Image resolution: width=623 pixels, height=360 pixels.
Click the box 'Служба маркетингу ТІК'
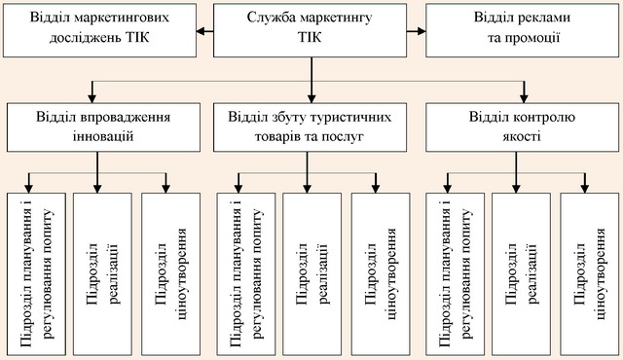point(310,30)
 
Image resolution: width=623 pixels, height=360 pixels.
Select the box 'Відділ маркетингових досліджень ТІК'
point(99,30)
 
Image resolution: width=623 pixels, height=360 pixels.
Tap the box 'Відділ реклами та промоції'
point(522,30)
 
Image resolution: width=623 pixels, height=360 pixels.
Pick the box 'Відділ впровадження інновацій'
point(103,127)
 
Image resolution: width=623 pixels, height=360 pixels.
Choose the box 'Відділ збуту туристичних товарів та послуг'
point(310,127)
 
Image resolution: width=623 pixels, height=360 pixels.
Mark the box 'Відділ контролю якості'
point(522,127)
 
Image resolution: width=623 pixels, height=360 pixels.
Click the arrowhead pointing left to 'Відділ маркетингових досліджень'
point(202,31)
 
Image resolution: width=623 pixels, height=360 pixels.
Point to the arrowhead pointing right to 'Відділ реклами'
point(421,31)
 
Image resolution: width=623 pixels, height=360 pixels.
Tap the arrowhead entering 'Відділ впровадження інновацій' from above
point(92,98)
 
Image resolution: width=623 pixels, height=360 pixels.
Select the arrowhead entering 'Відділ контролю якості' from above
point(524,98)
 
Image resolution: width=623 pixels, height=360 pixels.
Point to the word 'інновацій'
point(103,136)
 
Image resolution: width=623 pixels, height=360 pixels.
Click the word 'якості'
point(522,136)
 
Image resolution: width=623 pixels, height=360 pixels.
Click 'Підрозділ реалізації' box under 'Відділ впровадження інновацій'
point(102,273)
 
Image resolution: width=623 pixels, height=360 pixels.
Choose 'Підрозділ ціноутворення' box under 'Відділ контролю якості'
point(590,273)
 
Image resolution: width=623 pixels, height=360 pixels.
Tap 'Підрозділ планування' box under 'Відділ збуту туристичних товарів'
point(246,273)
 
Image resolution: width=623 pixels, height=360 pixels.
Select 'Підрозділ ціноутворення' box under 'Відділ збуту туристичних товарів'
point(381,273)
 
